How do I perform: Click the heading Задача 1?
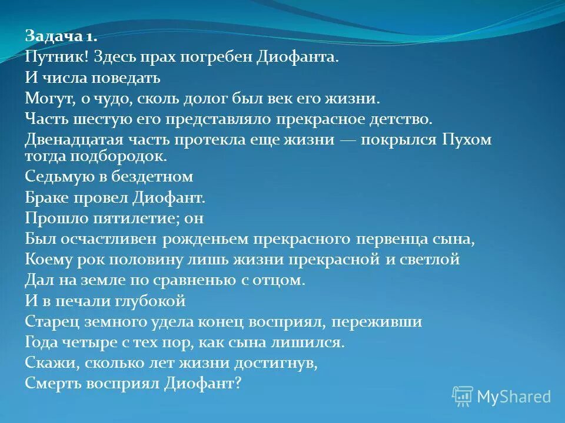61,36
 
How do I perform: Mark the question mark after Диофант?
238,383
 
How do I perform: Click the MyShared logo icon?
462,397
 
